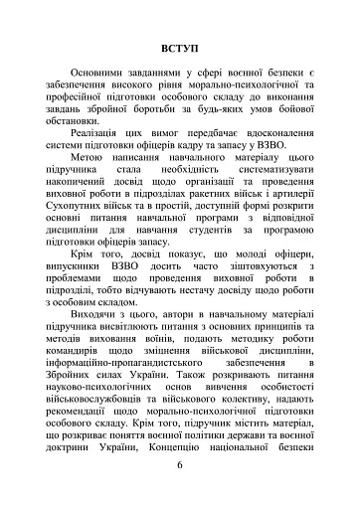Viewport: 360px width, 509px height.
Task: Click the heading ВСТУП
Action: click(x=178, y=48)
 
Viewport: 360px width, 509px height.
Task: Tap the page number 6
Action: click(x=178, y=464)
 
